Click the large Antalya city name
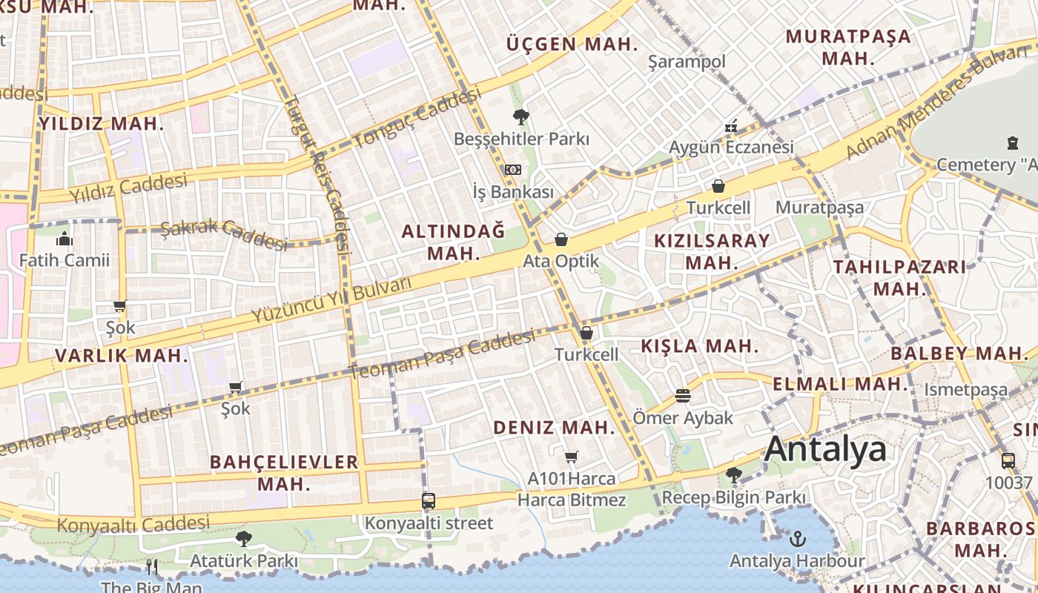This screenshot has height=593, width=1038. click(825, 449)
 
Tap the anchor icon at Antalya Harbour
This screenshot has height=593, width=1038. click(798, 539)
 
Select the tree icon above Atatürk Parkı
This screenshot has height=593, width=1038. click(243, 539)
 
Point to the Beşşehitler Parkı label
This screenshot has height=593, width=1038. click(521, 139)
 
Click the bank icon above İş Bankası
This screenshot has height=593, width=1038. click(513, 170)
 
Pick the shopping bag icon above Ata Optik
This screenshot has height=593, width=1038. click(561, 239)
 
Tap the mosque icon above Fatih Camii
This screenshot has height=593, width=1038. click(64, 239)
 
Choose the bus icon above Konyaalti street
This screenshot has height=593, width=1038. click(428, 500)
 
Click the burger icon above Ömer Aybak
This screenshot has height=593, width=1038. click(682, 396)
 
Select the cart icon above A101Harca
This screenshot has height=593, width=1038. click(571, 457)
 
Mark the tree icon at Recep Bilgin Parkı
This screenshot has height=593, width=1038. click(733, 474)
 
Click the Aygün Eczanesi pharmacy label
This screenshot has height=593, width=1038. click(731, 147)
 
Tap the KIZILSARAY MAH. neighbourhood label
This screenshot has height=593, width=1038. click(712, 251)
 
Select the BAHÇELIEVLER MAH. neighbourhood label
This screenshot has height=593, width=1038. click(284, 473)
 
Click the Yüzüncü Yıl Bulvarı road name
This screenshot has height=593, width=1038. click(331, 300)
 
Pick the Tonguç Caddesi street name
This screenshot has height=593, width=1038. click(417, 117)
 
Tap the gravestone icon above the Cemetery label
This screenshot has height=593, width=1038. click(1012, 142)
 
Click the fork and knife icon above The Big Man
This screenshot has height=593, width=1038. click(151, 567)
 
